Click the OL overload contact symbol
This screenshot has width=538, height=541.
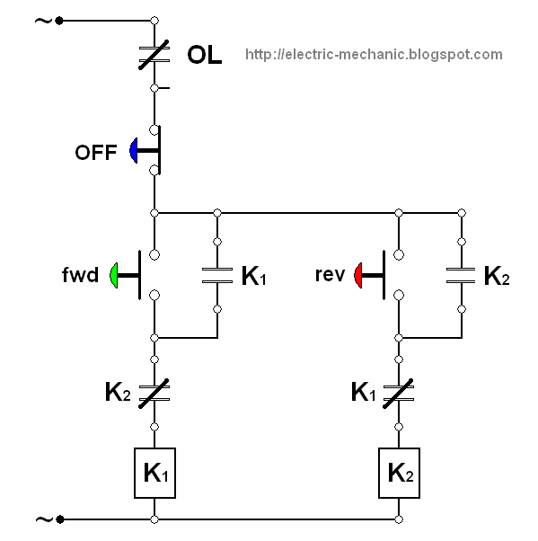point(154,55)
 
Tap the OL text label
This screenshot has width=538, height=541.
point(204,55)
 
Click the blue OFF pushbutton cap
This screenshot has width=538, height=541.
point(134,150)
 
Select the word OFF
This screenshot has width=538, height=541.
point(96,153)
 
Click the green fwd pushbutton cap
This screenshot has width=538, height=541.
point(114,275)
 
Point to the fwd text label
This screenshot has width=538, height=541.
point(80,275)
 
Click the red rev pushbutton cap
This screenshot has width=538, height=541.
point(358,275)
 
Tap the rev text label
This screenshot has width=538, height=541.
point(330,275)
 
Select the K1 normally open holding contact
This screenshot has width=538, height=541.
point(217,275)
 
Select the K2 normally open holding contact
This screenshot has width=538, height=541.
point(462,275)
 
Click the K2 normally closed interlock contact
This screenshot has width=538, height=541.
point(154,394)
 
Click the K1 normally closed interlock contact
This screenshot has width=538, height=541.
point(399,394)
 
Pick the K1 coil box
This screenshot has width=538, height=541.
point(154,473)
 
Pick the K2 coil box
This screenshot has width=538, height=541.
point(399,473)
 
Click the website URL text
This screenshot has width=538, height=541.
point(374,55)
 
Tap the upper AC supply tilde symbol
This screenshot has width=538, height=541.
point(43,22)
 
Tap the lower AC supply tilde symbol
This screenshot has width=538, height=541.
point(44,519)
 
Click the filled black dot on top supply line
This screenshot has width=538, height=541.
point(59,21)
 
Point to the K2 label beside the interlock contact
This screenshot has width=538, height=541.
point(118,393)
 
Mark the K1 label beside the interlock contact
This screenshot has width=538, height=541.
point(364,393)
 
